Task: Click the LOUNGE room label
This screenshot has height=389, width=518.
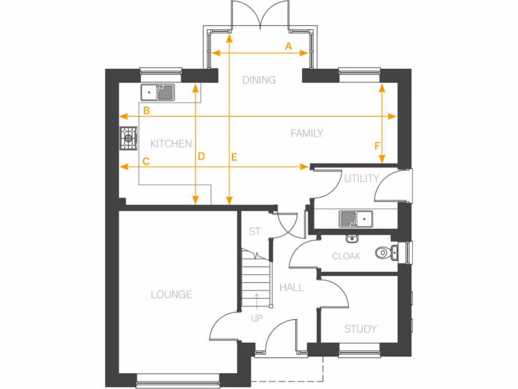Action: coord(171,294)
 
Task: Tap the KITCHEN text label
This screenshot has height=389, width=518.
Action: coord(171,144)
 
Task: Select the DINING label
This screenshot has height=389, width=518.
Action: coord(258,80)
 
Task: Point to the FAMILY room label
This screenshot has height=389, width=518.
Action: coord(307,134)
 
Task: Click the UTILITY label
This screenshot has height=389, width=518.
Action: coord(361,178)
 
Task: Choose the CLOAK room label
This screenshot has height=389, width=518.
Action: coord(346,256)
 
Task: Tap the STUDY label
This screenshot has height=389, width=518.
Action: coord(360,329)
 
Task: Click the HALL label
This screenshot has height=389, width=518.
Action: coord(292,288)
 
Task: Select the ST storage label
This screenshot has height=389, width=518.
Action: coord(255,231)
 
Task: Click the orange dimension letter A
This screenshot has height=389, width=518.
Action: coord(288,47)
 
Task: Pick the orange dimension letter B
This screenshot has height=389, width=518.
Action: coord(146,111)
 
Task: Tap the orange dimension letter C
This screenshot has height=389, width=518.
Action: coord(146,162)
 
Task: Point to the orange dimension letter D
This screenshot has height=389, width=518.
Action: coord(201,157)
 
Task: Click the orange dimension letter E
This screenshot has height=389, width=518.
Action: coord(234,157)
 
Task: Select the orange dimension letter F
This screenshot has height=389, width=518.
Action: coord(377,146)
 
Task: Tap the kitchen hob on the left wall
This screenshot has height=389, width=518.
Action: coord(128,138)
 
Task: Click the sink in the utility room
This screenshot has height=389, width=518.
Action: coord(356,219)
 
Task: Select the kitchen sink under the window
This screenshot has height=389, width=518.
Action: coord(158,92)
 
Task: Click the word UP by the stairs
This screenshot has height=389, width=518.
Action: coord(257,319)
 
